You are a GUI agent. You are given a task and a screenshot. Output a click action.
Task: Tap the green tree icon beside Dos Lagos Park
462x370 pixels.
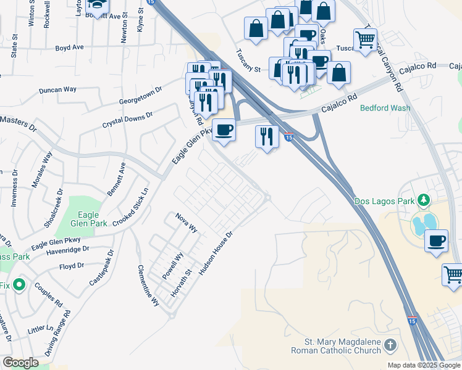click(x=424, y=200)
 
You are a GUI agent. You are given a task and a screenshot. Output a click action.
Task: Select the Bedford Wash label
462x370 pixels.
click(x=385, y=108)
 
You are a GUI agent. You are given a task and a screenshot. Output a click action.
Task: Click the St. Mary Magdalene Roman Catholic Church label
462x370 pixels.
click(x=343, y=347)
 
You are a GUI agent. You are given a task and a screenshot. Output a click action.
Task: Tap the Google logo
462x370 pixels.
click(x=20, y=363)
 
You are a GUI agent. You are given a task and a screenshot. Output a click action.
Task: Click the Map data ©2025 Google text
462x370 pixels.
click(x=423, y=365)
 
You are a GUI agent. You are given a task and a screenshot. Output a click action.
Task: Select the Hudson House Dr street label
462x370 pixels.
click(x=216, y=252)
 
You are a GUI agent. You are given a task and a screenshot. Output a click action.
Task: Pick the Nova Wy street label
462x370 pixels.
click(x=186, y=222)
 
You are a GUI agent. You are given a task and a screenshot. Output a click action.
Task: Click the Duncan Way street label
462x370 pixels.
click(x=57, y=90)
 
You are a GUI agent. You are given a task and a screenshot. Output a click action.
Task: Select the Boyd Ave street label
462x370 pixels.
click(x=69, y=47)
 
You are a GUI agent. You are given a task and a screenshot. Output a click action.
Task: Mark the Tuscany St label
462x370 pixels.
click(x=249, y=60)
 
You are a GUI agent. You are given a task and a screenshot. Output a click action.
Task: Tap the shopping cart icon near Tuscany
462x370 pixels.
click(x=366, y=39)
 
